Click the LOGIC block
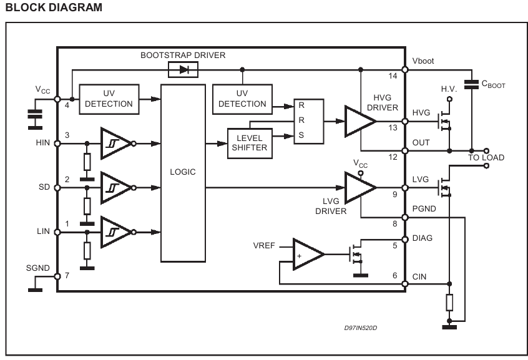click(x=183, y=173)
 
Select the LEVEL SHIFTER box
click(x=250, y=143)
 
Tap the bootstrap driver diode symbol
click(x=183, y=70)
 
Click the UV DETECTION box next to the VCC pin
click(x=109, y=99)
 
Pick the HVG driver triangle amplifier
click(x=359, y=121)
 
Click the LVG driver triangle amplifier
click(x=359, y=188)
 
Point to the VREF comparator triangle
click(x=308, y=255)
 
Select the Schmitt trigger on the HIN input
click(x=116, y=144)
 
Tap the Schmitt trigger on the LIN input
click(x=116, y=232)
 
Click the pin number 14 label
click(x=393, y=76)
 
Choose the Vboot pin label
click(x=423, y=61)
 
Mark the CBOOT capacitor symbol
click(x=471, y=84)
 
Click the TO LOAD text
click(x=486, y=158)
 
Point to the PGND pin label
click(x=424, y=209)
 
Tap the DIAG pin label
click(x=423, y=238)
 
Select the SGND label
click(x=37, y=268)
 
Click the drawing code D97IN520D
click(x=361, y=328)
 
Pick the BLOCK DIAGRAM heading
click(x=54, y=7)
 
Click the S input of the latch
click(x=301, y=135)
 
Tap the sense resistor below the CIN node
click(x=449, y=303)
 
